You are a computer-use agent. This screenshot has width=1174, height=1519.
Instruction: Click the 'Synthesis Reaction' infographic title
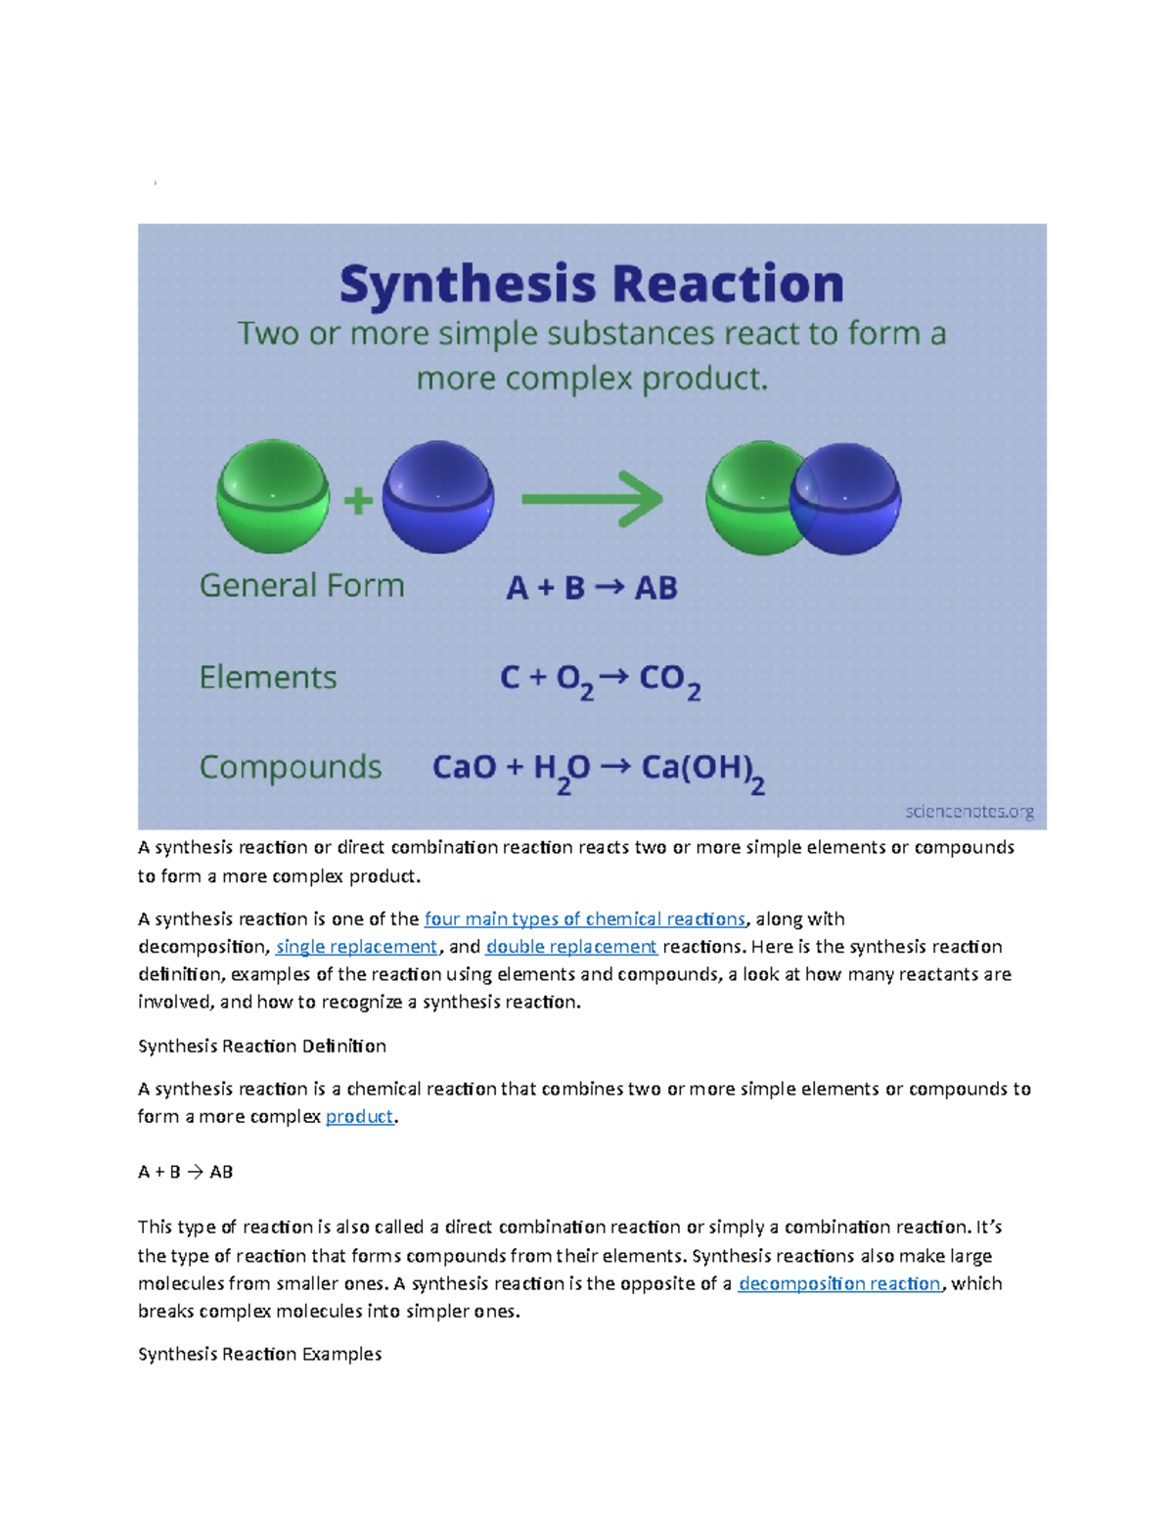[592, 286]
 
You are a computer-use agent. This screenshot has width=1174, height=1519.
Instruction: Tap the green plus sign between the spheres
[358, 501]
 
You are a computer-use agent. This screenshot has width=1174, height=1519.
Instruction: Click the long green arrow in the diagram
[592, 499]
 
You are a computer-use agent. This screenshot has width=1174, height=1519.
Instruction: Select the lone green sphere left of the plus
[273, 496]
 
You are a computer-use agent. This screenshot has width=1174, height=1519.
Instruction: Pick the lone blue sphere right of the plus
[438, 496]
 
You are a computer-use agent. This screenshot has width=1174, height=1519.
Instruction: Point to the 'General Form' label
[302, 586]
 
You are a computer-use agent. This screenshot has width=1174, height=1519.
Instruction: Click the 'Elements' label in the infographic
[268, 678]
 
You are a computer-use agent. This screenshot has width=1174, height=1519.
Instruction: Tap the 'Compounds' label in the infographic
[291, 768]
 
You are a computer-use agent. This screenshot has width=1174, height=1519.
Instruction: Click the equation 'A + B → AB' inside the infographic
[592, 588]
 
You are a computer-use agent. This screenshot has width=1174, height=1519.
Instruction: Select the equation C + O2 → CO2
[600, 682]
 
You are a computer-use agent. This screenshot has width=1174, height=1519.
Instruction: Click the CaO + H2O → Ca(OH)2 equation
[599, 773]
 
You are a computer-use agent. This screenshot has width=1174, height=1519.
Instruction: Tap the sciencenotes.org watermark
[970, 812]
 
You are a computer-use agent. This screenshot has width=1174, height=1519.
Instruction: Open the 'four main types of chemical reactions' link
[585, 918]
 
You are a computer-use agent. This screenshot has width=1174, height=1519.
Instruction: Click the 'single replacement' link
[357, 947]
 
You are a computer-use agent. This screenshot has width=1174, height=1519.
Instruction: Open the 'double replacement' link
[571, 947]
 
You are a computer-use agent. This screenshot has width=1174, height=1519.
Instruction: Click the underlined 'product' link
[360, 1116]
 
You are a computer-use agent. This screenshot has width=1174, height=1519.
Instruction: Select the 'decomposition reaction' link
[839, 1283]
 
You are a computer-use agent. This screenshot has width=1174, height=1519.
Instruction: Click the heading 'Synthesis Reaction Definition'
[262, 1046]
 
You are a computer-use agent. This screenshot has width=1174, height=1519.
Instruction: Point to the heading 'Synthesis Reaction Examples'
[260, 1354]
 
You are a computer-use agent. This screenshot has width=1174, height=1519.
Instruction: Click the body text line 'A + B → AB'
[185, 1172]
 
